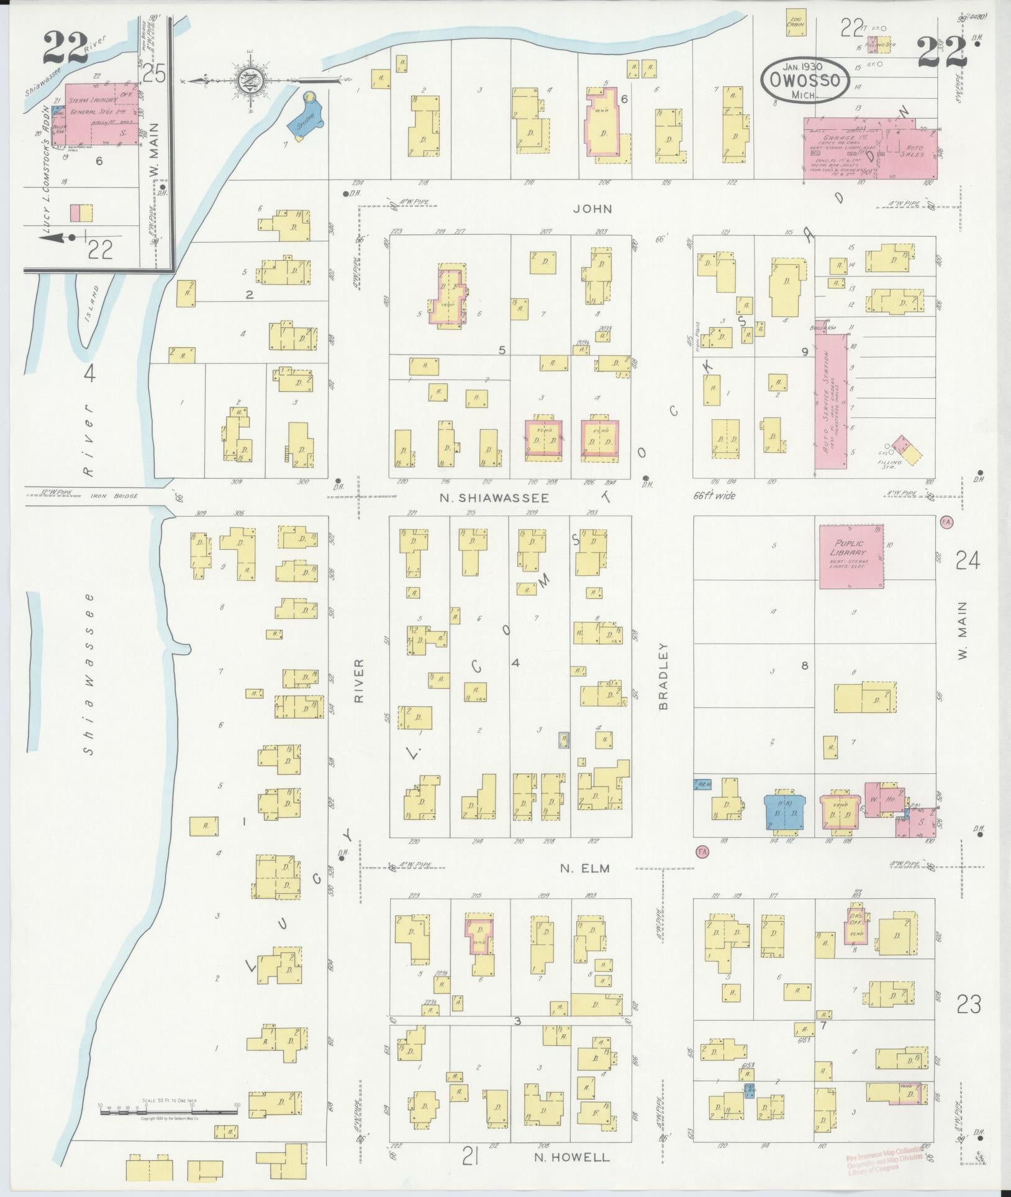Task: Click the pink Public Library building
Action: click(x=851, y=557)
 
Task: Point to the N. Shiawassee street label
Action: click(x=494, y=498)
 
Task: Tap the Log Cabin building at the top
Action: click(x=796, y=22)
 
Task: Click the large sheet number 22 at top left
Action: click(x=65, y=48)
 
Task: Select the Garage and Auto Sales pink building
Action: click(x=870, y=148)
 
